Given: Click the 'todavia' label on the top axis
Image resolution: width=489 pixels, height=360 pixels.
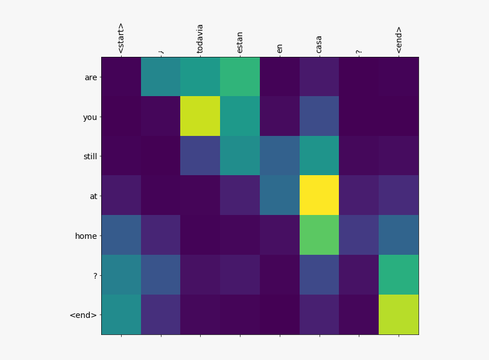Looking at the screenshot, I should (200, 38).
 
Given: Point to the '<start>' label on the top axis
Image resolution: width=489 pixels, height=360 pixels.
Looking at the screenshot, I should (121, 39).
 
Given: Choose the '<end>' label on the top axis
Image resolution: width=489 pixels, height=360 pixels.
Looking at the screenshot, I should (399, 40).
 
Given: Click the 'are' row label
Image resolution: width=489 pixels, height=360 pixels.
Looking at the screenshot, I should (90, 77).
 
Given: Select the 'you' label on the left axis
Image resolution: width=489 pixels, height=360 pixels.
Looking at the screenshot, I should (90, 117).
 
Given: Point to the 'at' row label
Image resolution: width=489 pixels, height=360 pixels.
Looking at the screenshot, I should (93, 196).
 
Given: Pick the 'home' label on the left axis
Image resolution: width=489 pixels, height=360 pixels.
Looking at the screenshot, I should (86, 235).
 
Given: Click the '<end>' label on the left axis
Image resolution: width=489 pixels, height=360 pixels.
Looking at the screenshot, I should (83, 315).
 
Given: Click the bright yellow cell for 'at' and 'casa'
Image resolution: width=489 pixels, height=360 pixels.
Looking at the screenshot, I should (319, 195).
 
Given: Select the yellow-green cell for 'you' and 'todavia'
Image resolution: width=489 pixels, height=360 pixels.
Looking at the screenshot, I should (200, 116).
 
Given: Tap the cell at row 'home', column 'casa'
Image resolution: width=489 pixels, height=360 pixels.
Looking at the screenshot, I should (319, 235).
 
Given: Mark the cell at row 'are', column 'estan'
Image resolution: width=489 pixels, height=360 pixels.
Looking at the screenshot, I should (240, 77).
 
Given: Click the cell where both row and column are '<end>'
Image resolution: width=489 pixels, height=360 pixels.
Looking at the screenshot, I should (399, 314).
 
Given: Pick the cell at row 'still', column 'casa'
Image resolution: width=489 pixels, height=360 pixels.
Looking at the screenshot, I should (319, 156).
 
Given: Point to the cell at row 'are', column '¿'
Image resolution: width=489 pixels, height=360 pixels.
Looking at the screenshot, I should (161, 77).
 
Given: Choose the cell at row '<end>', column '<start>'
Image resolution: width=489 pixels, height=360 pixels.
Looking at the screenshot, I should (121, 314).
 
